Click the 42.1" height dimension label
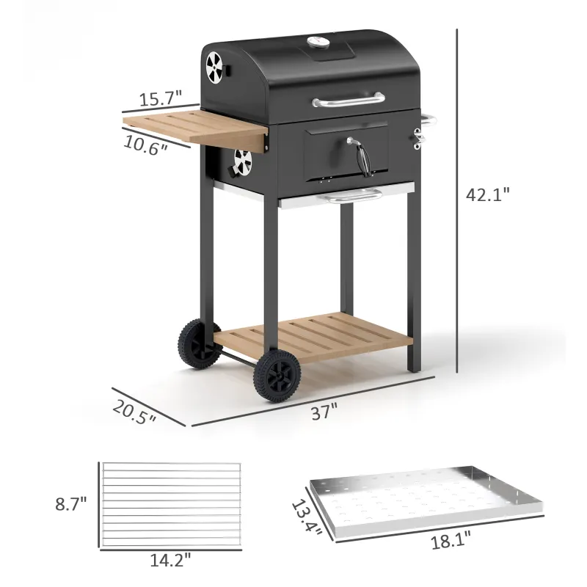coord(488,194)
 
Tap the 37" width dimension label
coord(324,412)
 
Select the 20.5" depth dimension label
coord(134,412)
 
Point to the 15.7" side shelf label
coord(160,98)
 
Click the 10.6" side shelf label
coord(145,145)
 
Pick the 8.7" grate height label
coord(71,504)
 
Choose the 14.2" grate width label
coord(170,560)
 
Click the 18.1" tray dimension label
coord(451,541)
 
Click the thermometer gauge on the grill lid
coord(318,43)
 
